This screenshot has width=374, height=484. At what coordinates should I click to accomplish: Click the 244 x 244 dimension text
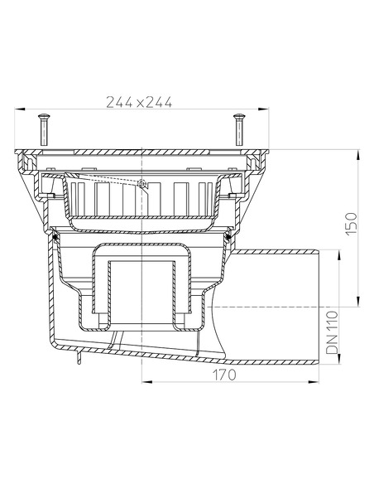139,102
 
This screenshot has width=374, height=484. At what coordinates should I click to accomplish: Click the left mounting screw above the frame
42,128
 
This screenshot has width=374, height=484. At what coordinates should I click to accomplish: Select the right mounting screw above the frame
240,128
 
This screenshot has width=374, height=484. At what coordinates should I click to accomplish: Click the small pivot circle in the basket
143,183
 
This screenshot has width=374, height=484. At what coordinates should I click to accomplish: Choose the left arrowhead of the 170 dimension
146,382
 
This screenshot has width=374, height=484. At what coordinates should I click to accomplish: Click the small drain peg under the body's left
76,358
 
